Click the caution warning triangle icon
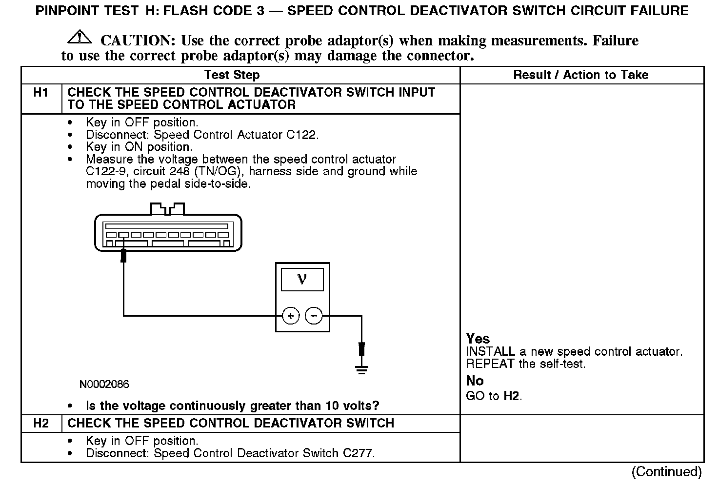coord(80,37)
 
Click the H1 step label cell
coord(41,93)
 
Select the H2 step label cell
coord(41,423)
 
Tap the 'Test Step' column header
coord(232,75)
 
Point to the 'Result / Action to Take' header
coord(581,75)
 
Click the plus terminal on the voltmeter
coord(291,316)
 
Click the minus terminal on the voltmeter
coord(314,316)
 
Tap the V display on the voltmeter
coord(302,280)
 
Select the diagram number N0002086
coord(104,385)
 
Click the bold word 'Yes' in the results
coord(478,339)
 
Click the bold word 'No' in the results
coord(475,381)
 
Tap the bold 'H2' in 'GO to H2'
coord(511,396)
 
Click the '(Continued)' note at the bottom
coord(666,471)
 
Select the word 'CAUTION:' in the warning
coord(138,41)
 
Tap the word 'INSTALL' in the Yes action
coord(490,351)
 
